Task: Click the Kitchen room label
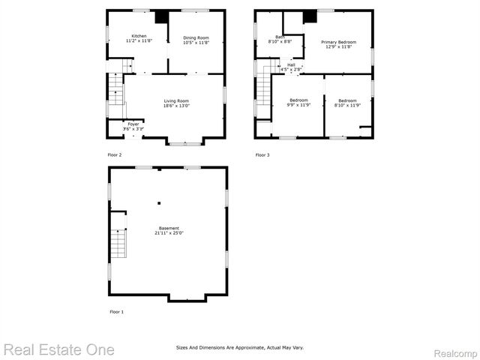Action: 139,36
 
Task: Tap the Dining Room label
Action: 196,37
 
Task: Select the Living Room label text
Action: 177,100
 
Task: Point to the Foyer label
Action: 133,124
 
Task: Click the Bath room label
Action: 280,37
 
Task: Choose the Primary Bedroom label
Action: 339,42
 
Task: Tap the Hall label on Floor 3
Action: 291,64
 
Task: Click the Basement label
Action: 169,228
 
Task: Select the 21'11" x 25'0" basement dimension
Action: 169,233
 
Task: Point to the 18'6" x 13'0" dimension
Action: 177,106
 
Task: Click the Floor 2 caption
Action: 115,155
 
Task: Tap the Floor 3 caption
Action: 262,155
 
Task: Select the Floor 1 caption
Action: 116,311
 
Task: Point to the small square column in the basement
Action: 159,202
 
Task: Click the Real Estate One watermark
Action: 58,349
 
